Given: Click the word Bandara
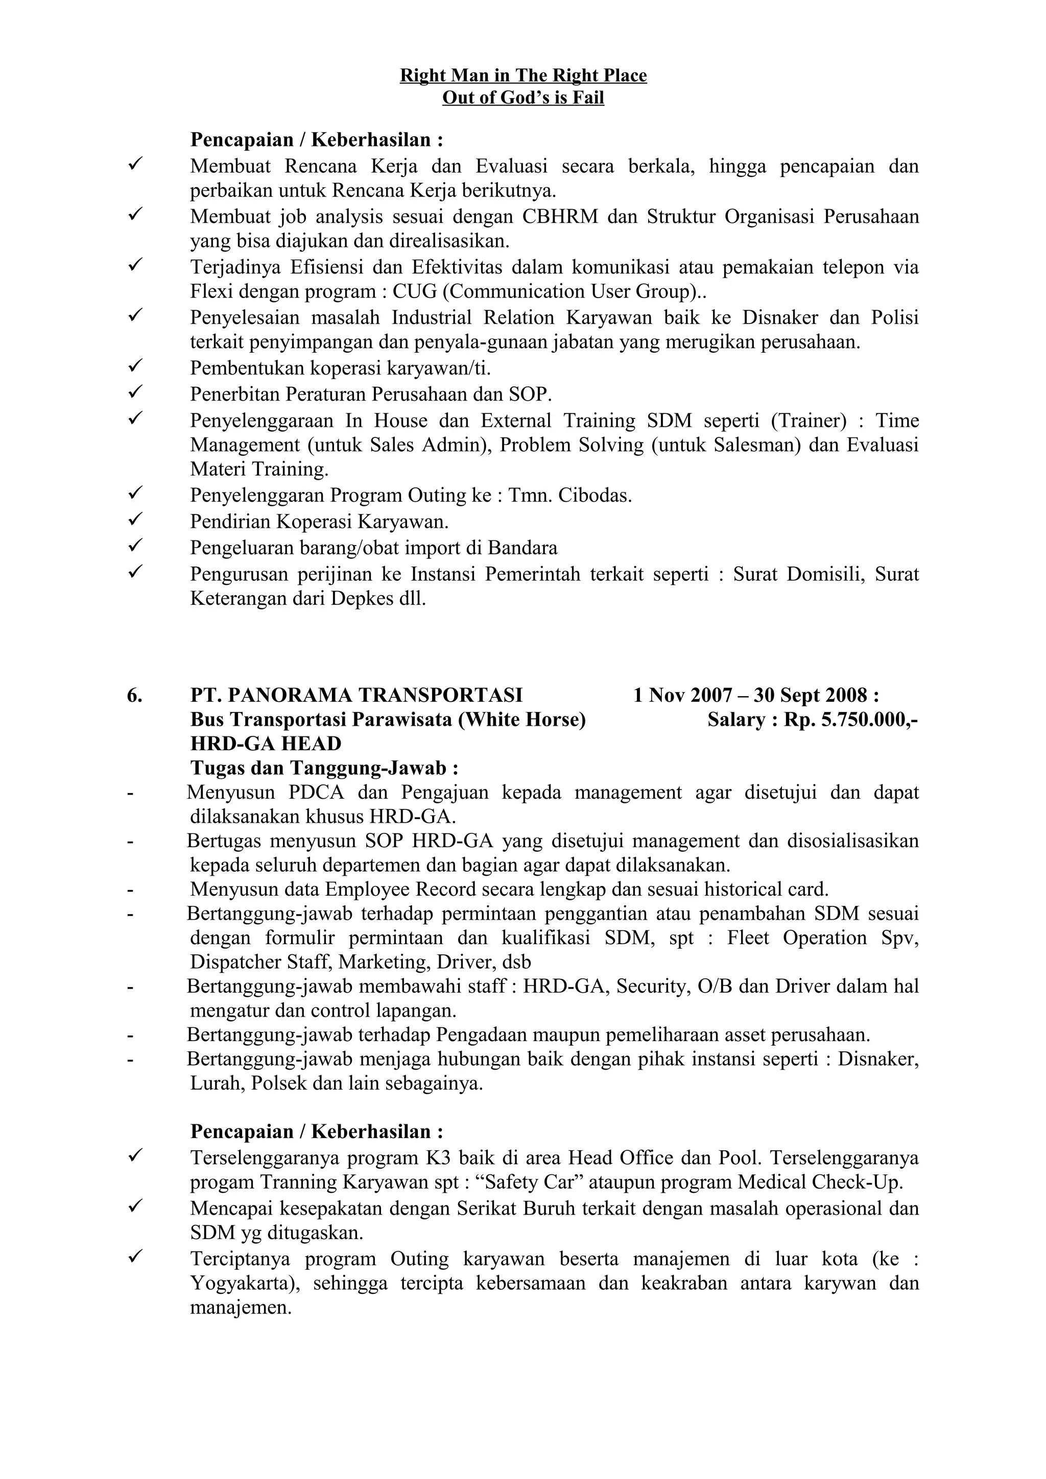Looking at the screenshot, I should tap(522, 548).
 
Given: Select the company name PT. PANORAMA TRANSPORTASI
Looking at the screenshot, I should tap(356, 695).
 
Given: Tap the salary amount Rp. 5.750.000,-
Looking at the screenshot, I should tap(851, 720).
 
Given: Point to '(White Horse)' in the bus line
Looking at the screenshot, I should tap(521, 720).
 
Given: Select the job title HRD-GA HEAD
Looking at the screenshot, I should tap(266, 744).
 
